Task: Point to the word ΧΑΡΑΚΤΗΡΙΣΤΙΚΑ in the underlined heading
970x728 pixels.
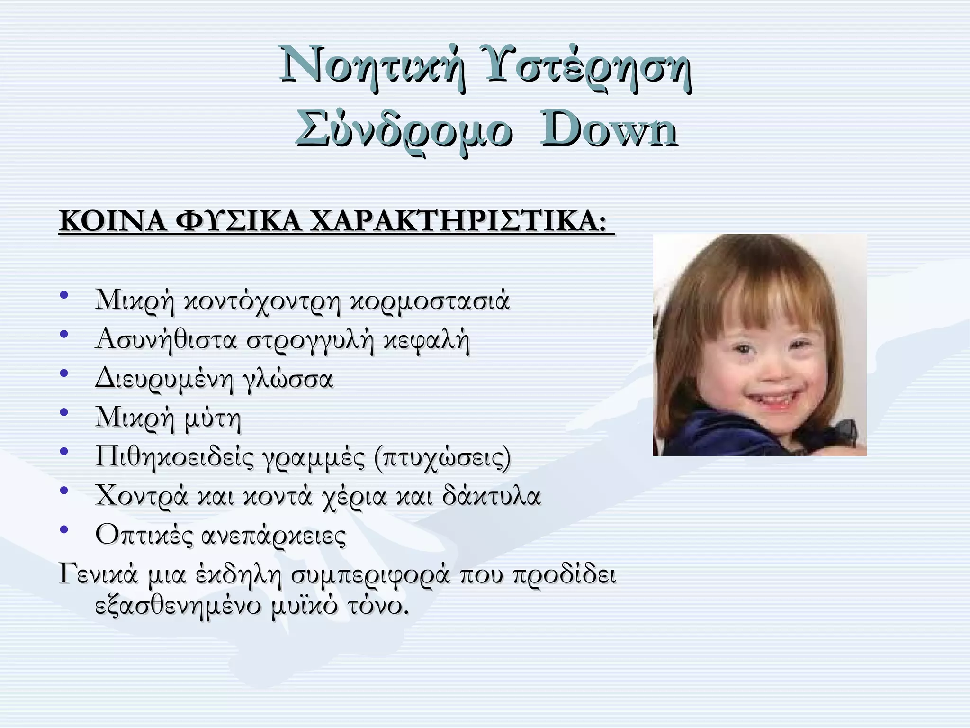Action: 458,221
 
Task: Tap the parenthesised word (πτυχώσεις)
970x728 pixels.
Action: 442,458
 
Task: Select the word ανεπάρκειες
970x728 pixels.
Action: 274,536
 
